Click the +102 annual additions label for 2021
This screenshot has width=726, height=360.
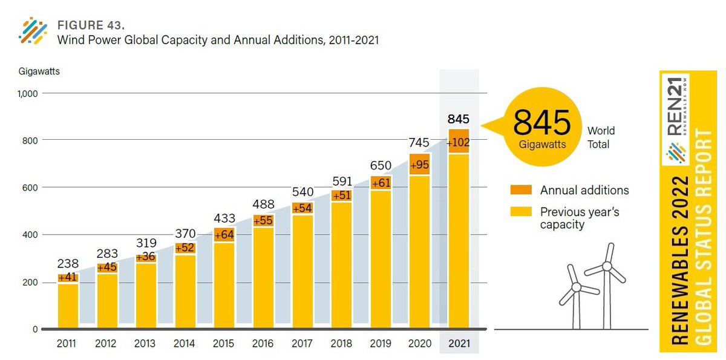(x=459, y=143)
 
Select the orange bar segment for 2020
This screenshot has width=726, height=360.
(x=419, y=164)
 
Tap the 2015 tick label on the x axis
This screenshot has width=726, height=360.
(x=224, y=343)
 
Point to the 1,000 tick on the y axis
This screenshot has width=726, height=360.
(x=28, y=94)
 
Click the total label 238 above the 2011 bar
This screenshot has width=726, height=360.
(x=68, y=264)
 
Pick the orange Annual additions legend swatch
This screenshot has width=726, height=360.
(x=520, y=190)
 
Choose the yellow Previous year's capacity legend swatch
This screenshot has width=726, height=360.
(x=520, y=212)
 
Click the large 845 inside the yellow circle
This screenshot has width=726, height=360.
(x=542, y=123)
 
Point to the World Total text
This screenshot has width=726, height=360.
(x=601, y=137)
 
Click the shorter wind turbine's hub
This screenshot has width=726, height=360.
(x=577, y=286)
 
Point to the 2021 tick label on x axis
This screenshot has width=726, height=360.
(x=459, y=343)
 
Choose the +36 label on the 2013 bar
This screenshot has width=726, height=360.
(x=146, y=257)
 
